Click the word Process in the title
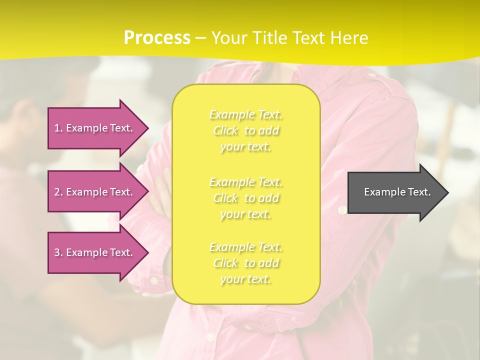(157, 38)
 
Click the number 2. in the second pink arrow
(58, 192)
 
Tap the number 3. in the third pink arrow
(58, 252)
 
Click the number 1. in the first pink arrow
(58, 128)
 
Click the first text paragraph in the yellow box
(246, 130)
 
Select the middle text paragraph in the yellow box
(246, 198)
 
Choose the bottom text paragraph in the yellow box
(246, 263)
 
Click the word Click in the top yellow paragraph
(226, 131)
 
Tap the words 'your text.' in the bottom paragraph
(245, 279)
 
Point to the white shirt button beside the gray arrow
(342, 210)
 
